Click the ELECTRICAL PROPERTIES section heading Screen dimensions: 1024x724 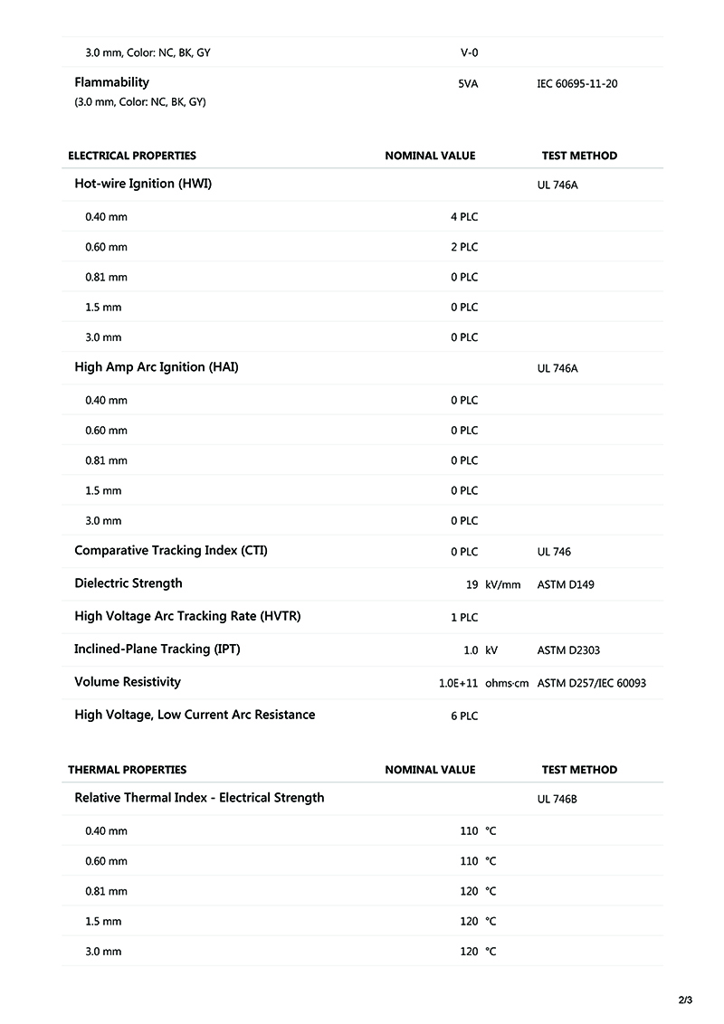pos(132,156)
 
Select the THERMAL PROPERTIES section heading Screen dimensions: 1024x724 pos(127,770)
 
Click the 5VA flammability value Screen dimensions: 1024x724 pos(468,84)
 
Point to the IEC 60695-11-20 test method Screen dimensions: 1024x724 pos(577,84)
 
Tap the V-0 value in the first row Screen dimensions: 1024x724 pos(469,52)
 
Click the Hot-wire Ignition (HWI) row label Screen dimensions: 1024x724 pos(143,184)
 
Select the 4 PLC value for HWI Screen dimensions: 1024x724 pos(464,217)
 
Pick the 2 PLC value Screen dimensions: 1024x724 pos(464,247)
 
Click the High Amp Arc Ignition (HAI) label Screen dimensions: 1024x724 pos(156,367)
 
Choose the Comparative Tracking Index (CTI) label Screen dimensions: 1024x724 pos(171,551)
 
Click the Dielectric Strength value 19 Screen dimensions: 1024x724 pos(472,585)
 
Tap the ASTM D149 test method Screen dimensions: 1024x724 pos(566,585)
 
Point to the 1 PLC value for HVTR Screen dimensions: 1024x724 pos(464,618)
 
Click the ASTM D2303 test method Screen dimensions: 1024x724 pos(568,650)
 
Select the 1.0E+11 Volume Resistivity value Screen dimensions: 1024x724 pos(458,684)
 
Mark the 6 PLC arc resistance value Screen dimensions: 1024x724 pos(464,716)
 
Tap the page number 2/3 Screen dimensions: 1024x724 pos(685,1000)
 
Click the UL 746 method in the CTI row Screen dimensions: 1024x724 pos(554,552)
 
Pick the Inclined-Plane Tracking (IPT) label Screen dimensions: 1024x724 pos(157,649)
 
